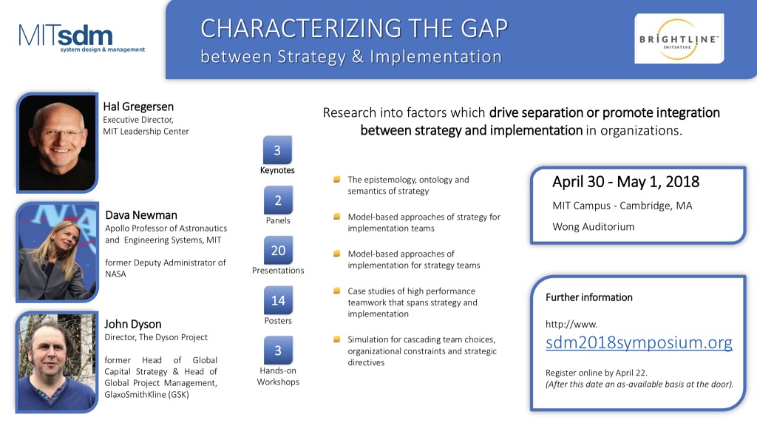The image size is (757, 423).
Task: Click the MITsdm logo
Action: click(81, 38)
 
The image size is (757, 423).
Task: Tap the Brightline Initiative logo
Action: click(679, 38)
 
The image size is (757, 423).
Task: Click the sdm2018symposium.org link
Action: click(639, 342)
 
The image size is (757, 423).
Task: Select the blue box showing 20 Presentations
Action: click(278, 250)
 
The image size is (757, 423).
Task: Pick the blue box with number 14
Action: click(278, 300)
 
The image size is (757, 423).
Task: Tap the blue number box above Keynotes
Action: click(277, 150)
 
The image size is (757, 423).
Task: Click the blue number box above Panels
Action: click(278, 200)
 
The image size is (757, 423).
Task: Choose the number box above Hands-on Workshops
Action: click(278, 351)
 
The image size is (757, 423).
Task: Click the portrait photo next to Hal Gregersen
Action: click(58, 143)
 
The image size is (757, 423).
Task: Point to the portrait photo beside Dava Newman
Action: click(58, 252)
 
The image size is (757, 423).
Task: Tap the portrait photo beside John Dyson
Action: click(57, 362)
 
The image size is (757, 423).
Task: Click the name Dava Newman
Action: click(141, 215)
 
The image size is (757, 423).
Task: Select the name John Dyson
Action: click(133, 324)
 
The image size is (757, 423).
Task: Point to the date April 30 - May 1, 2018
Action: click(625, 182)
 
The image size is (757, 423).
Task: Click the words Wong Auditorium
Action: click(594, 226)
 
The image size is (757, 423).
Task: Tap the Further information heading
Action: click(589, 297)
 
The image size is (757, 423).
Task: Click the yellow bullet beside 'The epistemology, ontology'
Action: click(337, 179)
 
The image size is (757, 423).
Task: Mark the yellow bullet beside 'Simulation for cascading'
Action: click(337, 339)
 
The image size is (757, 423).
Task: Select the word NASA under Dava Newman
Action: click(115, 274)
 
